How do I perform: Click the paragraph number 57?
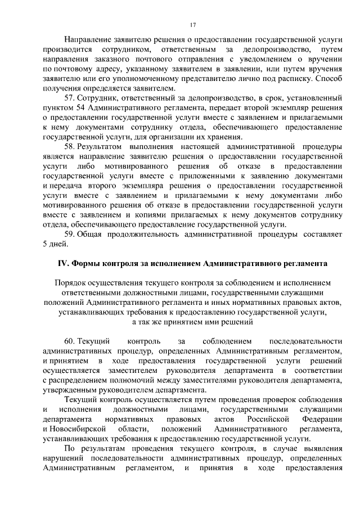click(x=70, y=98)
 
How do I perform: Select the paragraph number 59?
click(x=70, y=234)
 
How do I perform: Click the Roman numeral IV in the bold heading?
click(x=64, y=263)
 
